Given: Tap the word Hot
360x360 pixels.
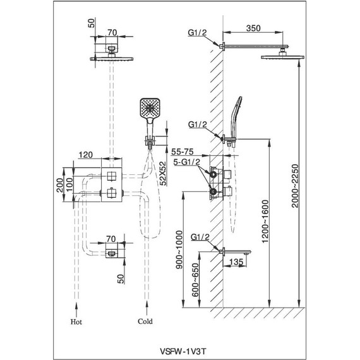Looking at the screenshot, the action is click(x=76, y=321).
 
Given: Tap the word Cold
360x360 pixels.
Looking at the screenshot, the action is click(x=145, y=321).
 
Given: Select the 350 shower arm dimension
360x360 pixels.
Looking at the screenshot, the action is click(x=253, y=28).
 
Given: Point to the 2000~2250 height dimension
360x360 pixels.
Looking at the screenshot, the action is click(x=294, y=186).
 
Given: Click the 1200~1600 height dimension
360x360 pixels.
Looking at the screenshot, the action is click(x=265, y=221).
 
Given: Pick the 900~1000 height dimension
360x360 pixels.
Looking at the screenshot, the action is click(x=179, y=250).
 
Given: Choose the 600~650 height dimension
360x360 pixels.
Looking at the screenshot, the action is click(x=195, y=280).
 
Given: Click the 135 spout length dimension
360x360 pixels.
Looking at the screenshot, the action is click(x=236, y=261).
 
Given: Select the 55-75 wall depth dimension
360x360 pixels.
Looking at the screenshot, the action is click(x=183, y=152).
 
